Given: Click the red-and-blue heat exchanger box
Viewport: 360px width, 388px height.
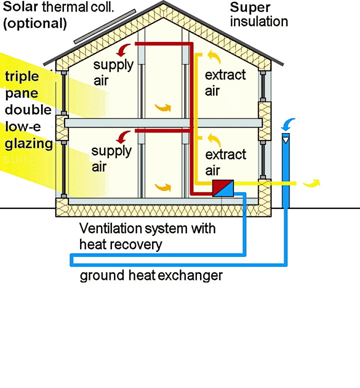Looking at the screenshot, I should point(223,188).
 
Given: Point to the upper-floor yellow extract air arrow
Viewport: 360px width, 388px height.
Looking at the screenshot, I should point(213,56).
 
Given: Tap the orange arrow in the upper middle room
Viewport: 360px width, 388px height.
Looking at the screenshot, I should point(163,107).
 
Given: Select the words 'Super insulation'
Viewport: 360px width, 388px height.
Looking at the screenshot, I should point(258,14).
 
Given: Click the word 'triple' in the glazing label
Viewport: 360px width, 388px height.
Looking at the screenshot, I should point(21,76).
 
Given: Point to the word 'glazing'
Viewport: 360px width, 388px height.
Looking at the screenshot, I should point(29,144).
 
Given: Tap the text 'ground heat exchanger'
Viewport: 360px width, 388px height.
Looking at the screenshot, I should point(150,275).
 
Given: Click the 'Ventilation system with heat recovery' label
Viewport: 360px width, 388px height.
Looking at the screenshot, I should point(147,236).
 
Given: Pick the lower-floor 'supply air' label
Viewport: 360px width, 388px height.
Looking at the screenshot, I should point(111,158).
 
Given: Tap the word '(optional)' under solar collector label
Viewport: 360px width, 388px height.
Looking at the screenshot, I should point(35,23).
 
